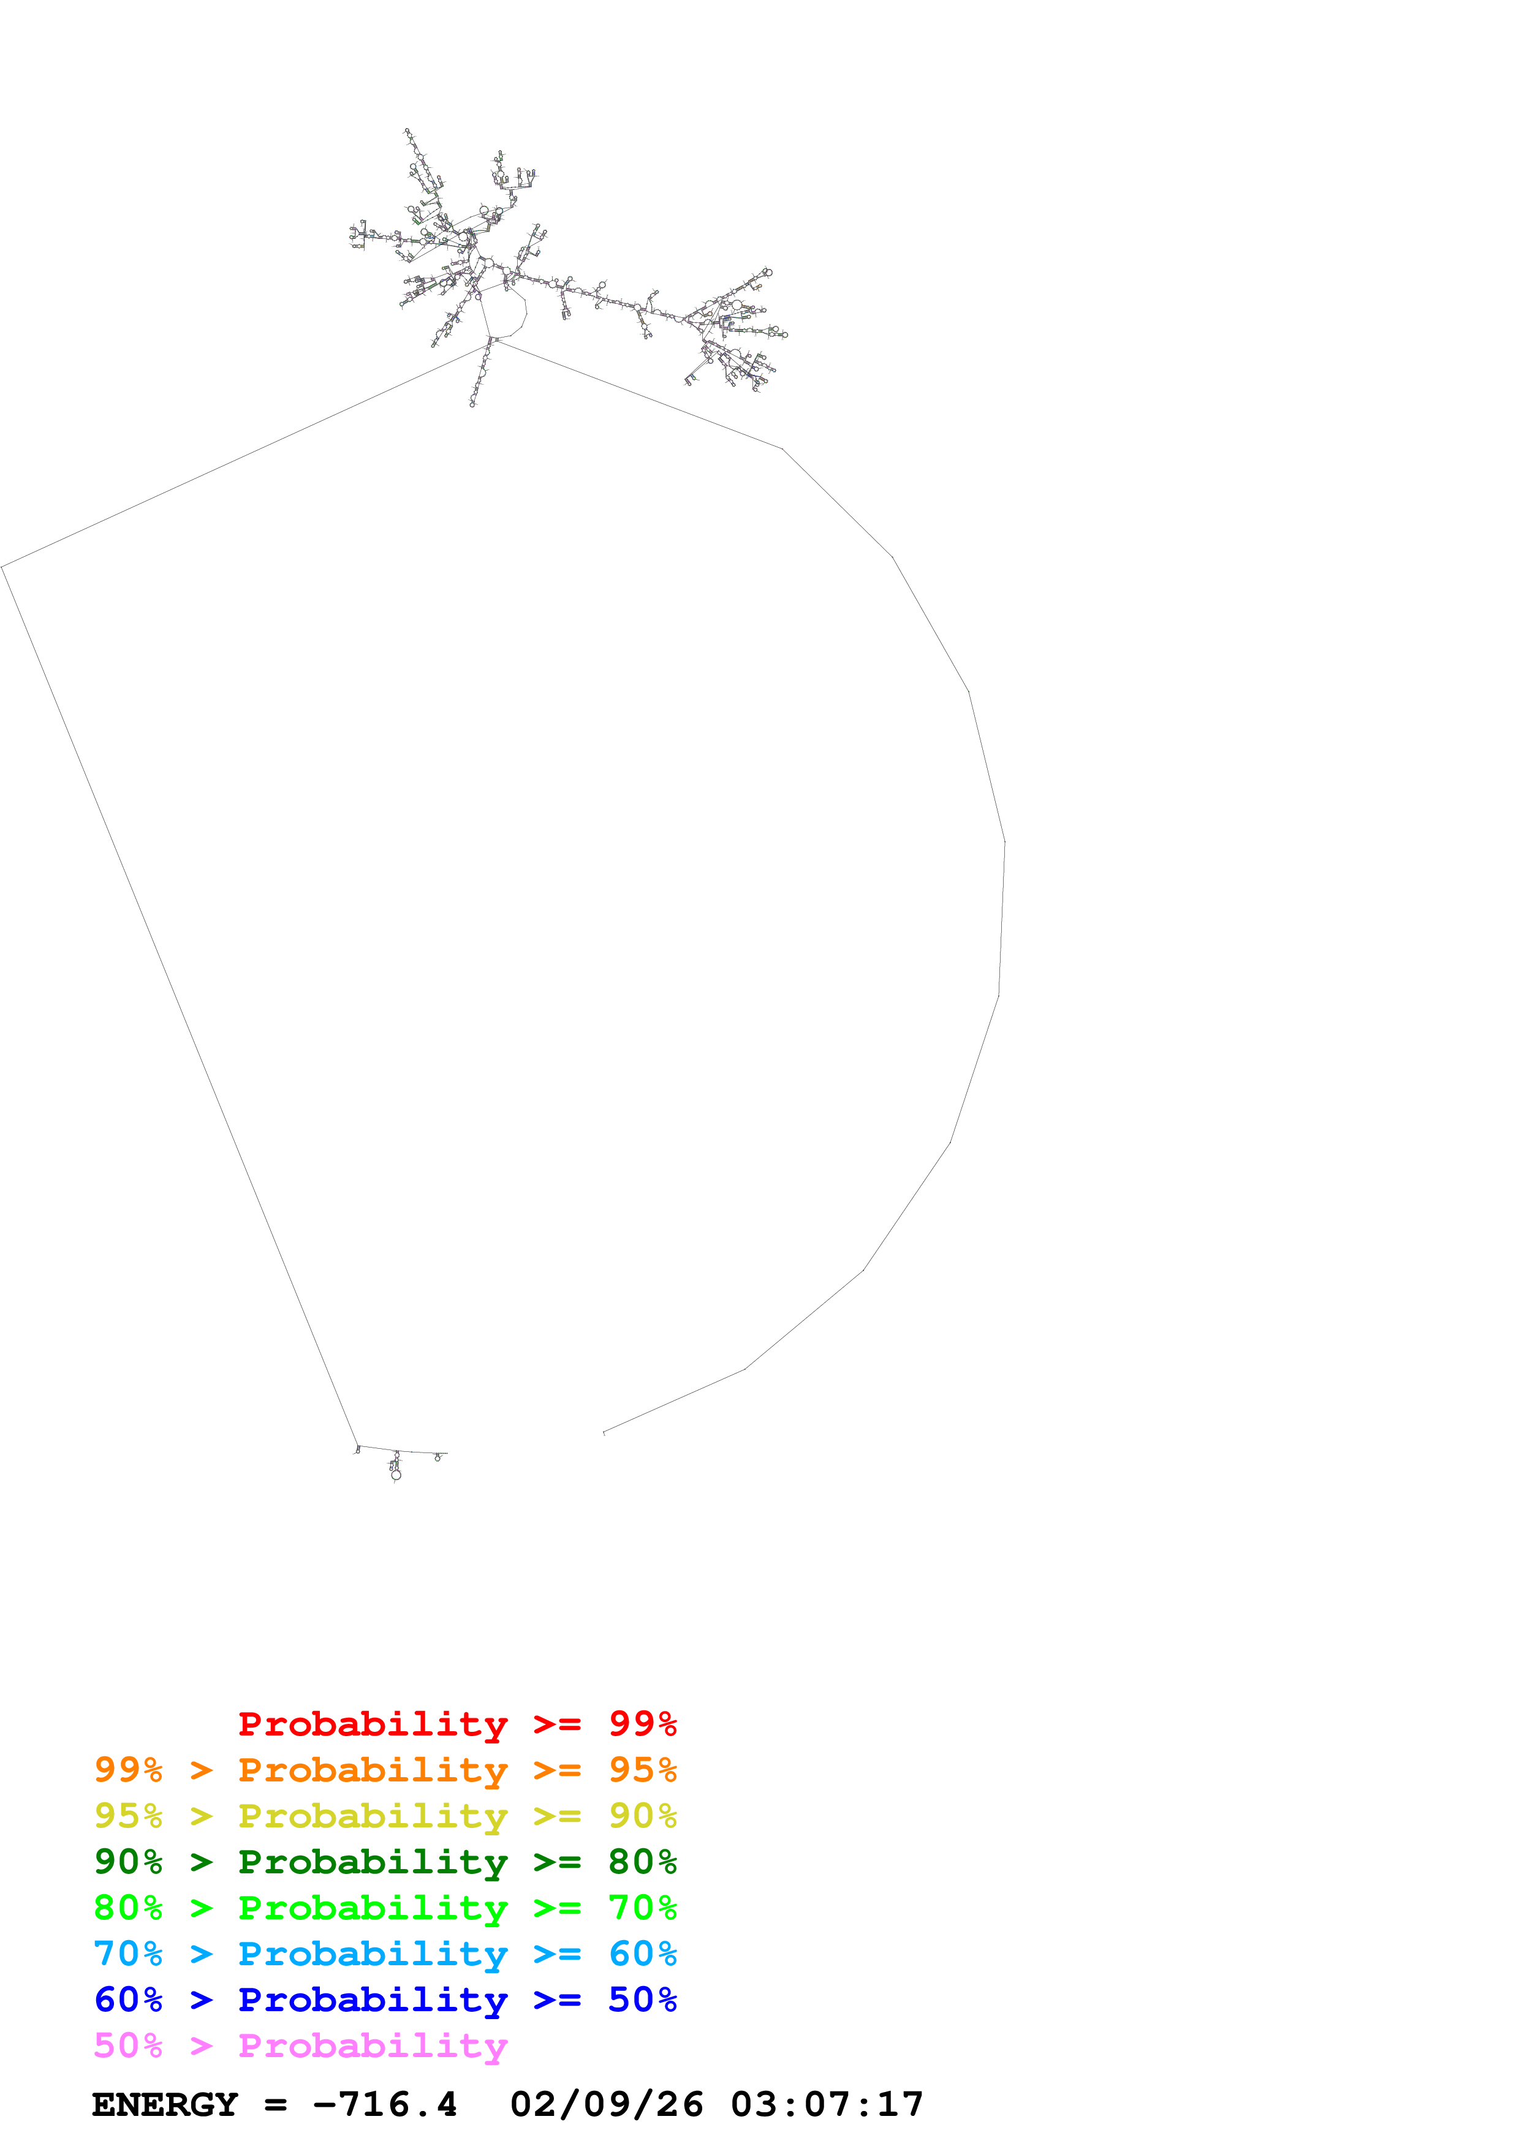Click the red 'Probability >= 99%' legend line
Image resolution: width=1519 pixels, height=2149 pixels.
click(x=456, y=1724)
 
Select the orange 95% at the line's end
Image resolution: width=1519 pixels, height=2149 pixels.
click(x=642, y=1770)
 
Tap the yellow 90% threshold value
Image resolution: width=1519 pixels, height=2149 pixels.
click(x=642, y=1816)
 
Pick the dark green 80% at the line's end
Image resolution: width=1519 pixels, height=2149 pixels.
click(x=642, y=1862)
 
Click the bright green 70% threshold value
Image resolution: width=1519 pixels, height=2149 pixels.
click(x=642, y=1908)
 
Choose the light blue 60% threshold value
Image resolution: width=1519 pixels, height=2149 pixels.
click(x=642, y=1954)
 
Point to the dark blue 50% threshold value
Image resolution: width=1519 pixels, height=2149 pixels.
click(x=642, y=2000)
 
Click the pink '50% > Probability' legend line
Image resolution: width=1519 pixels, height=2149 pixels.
click(x=300, y=2045)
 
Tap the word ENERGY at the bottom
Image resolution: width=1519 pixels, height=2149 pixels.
click(x=165, y=2104)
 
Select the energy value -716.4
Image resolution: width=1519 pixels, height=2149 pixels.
click(x=385, y=2104)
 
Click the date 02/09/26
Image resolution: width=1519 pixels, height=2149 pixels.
click(x=607, y=2104)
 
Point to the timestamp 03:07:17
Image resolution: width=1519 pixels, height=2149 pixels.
click(x=827, y=2104)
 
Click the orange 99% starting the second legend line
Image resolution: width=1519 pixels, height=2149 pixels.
click(x=128, y=1770)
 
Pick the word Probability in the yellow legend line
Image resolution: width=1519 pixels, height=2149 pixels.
click(x=373, y=1816)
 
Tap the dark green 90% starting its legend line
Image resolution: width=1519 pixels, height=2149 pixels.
click(x=128, y=1862)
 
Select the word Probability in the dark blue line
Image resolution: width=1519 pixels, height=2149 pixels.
click(x=373, y=2000)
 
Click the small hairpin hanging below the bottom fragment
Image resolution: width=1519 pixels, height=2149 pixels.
click(x=396, y=1473)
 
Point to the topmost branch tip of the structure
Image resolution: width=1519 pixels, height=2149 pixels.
click(x=406, y=131)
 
